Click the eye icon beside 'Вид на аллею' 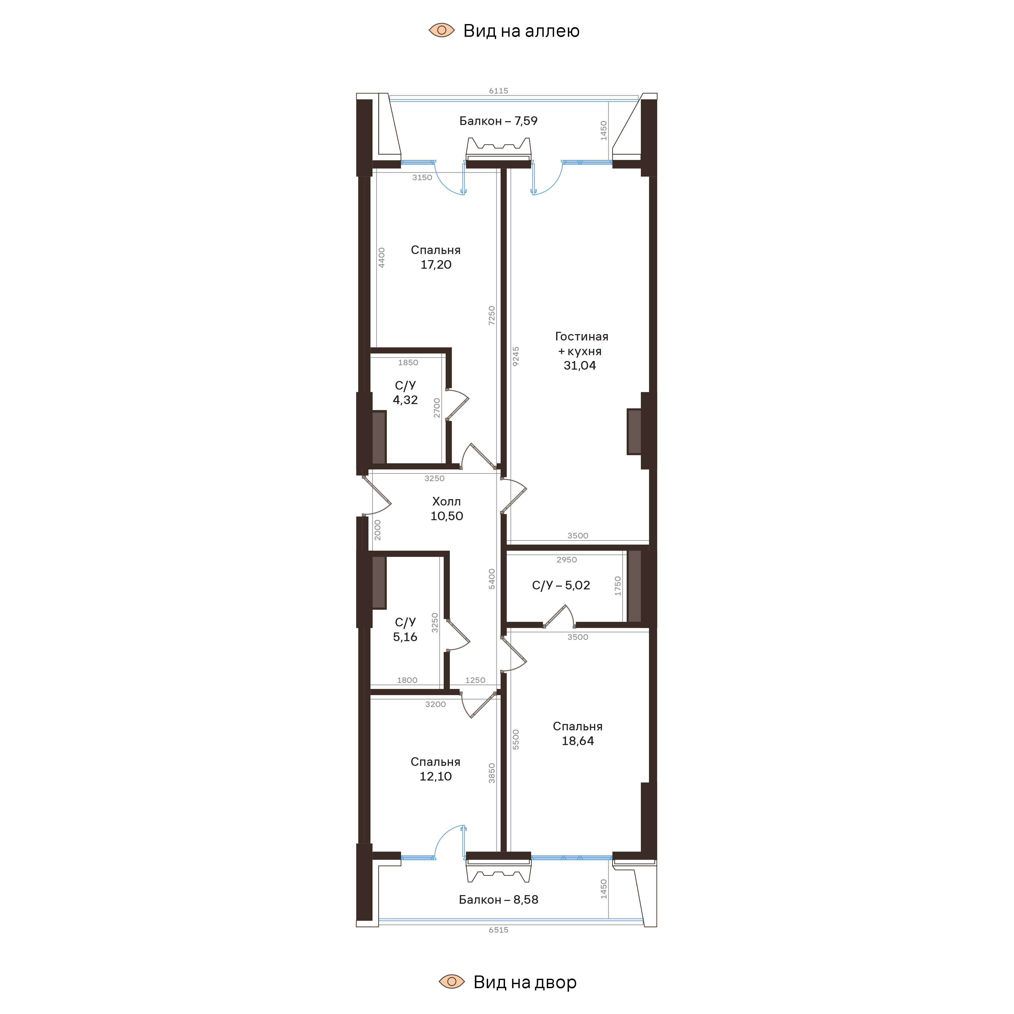441,30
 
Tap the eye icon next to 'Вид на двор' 451,982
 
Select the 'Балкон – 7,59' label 498,121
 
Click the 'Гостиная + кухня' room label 581,344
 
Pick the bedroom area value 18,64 577,741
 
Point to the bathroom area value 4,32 405,400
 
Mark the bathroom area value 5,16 405,637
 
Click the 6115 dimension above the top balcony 498,91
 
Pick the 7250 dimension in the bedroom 492,315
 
